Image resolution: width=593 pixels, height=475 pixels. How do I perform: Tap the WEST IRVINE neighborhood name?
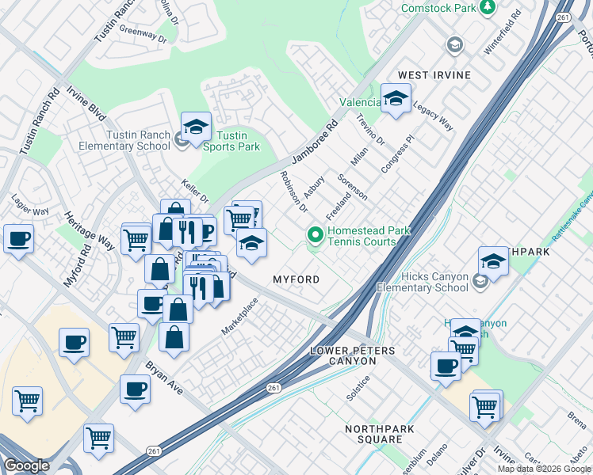click(434, 75)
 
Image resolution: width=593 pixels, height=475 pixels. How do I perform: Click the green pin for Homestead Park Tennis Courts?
click(315, 235)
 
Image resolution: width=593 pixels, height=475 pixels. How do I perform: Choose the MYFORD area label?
click(296, 280)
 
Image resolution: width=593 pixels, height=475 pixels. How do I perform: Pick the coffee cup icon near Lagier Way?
click(18, 239)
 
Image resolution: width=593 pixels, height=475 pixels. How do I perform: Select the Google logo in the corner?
click(26, 465)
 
